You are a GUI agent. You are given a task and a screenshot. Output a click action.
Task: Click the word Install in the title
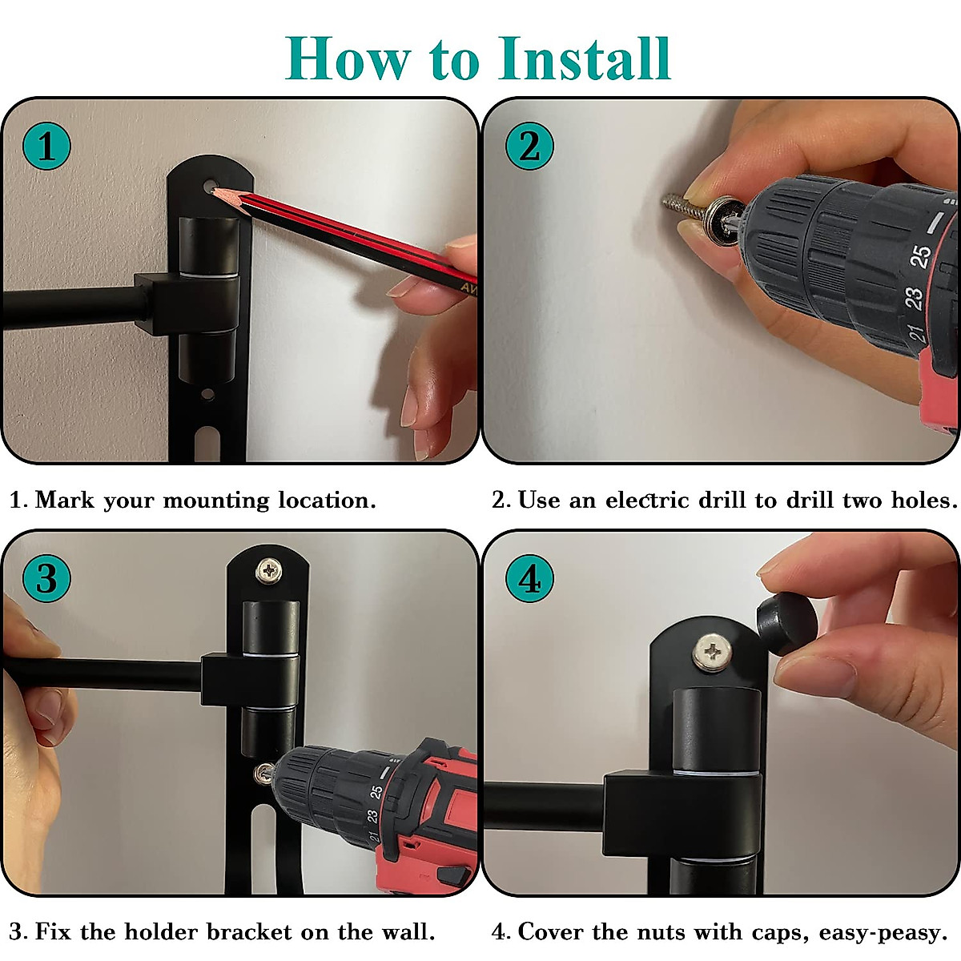click(x=585, y=58)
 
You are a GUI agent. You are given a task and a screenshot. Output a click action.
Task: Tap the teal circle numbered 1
click(x=47, y=146)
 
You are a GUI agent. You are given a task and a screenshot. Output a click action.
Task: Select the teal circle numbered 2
click(x=529, y=146)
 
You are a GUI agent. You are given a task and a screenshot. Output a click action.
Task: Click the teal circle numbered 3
click(x=47, y=578)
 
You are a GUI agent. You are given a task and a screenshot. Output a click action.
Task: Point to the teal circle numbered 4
click(x=529, y=578)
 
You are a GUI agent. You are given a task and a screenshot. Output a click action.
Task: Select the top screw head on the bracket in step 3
click(x=269, y=570)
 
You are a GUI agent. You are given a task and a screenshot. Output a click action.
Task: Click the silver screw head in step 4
click(x=712, y=651)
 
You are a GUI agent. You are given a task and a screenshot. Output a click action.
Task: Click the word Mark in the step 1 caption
click(x=64, y=501)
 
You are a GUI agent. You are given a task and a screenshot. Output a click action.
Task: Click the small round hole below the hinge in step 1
click(x=208, y=396)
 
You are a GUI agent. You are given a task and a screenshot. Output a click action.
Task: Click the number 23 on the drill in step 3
click(x=372, y=817)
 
